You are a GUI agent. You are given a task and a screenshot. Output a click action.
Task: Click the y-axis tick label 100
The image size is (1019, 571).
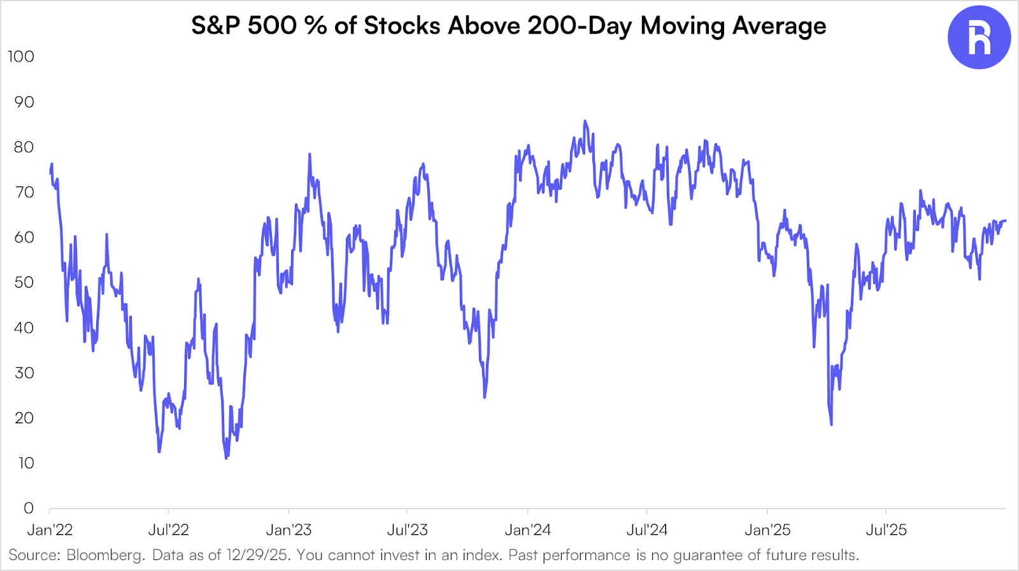click(x=21, y=57)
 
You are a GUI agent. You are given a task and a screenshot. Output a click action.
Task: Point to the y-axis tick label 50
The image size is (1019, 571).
click(x=24, y=283)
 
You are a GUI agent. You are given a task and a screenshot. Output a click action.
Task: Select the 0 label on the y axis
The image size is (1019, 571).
click(x=29, y=508)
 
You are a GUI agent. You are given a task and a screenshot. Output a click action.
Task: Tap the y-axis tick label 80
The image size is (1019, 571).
click(x=24, y=147)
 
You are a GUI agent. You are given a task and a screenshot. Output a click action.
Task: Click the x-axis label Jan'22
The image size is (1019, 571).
click(x=50, y=530)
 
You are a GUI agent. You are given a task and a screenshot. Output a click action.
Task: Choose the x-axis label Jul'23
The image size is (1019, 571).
click(x=408, y=530)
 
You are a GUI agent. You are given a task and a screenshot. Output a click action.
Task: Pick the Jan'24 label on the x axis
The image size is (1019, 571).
click(x=528, y=530)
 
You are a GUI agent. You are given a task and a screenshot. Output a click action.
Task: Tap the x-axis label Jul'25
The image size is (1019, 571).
click(x=886, y=530)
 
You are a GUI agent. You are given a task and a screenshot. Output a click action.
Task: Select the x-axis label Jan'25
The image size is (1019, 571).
click(x=767, y=530)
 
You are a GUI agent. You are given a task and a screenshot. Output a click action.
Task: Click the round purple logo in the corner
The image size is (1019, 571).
click(x=979, y=38)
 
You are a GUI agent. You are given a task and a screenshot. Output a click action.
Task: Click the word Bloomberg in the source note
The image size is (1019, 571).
click(x=105, y=555)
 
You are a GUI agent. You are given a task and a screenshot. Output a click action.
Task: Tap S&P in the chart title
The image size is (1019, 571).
click(x=216, y=26)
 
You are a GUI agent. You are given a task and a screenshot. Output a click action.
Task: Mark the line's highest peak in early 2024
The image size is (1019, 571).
click(x=585, y=121)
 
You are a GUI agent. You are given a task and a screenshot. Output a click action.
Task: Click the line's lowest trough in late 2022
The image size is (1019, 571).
click(x=226, y=458)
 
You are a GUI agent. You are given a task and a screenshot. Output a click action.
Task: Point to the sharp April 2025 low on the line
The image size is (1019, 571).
click(x=832, y=425)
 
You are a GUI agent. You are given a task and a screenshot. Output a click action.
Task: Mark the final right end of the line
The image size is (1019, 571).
click(x=1005, y=221)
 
